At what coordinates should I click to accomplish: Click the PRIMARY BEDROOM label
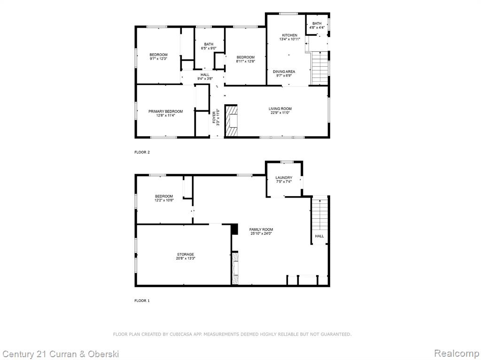coord(166,111)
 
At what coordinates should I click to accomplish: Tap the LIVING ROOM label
coord(280,108)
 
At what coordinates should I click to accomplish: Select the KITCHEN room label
coord(289,35)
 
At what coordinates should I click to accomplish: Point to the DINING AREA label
coord(284,71)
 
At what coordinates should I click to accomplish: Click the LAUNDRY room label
coord(284,177)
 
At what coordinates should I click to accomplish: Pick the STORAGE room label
coord(186,254)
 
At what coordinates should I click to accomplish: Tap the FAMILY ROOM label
coord(261,230)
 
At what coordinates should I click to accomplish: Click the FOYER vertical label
coord(214,118)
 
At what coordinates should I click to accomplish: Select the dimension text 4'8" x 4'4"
coord(317,27)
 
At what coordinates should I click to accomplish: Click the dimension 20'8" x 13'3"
coord(186,258)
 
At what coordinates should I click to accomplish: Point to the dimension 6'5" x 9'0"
coord(209,48)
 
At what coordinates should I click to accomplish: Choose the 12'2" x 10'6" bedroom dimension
coord(164,200)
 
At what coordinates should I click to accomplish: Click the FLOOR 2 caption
coord(142,152)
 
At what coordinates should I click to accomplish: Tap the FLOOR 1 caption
coord(142,300)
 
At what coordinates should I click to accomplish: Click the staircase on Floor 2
coord(320,68)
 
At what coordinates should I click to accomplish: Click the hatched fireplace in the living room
coord(231,120)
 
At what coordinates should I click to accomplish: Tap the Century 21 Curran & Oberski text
coord(61,354)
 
